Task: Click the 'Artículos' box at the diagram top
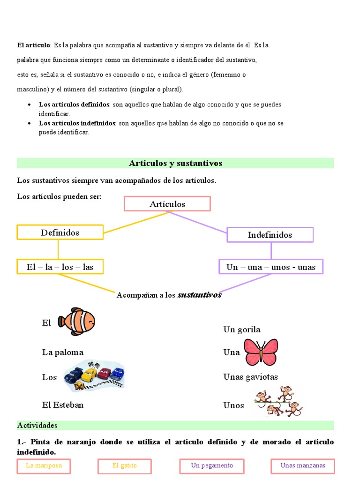[167, 204]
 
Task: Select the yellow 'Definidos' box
[60, 232]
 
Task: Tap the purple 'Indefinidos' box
[270, 235]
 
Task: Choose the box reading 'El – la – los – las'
[60, 267]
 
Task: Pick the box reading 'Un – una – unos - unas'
[271, 267]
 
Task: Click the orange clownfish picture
[76, 322]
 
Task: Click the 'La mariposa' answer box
[43, 466]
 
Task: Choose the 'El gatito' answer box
[124, 466]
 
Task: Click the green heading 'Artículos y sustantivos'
[175, 163]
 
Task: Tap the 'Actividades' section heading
[37, 425]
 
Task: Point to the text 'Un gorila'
[242, 330]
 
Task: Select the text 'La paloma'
[63, 352]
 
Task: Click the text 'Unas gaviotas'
[251, 377]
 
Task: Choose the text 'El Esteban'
[63, 405]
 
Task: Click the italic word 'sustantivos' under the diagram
[199, 295]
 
